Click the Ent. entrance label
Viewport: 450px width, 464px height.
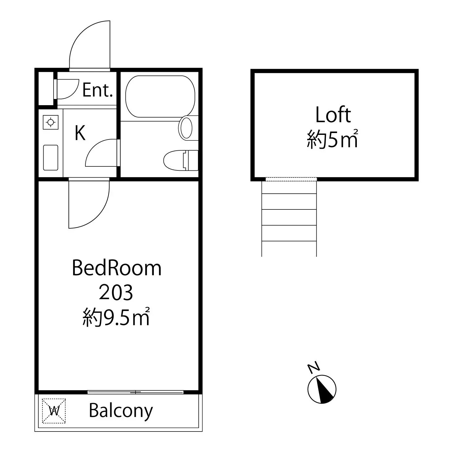click(x=97, y=90)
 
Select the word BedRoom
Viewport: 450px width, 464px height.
click(x=117, y=268)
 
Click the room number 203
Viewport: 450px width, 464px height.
click(x=116, y=292)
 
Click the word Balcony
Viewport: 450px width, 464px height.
click(x=121, y=411)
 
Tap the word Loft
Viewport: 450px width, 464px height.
click(x=333, y=115)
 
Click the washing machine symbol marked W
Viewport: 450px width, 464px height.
click(x=54, y=411)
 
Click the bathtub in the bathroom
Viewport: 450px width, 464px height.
click(x=160, y=97)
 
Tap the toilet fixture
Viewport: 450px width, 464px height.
click(x=181, y=160)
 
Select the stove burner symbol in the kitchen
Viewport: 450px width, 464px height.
click(x=50, y=122)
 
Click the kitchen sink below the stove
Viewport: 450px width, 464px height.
click(x=51, y=157)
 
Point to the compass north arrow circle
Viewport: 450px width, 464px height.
click(x=322, y=389)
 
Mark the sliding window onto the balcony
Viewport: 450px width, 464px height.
click(x=136, y=392)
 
